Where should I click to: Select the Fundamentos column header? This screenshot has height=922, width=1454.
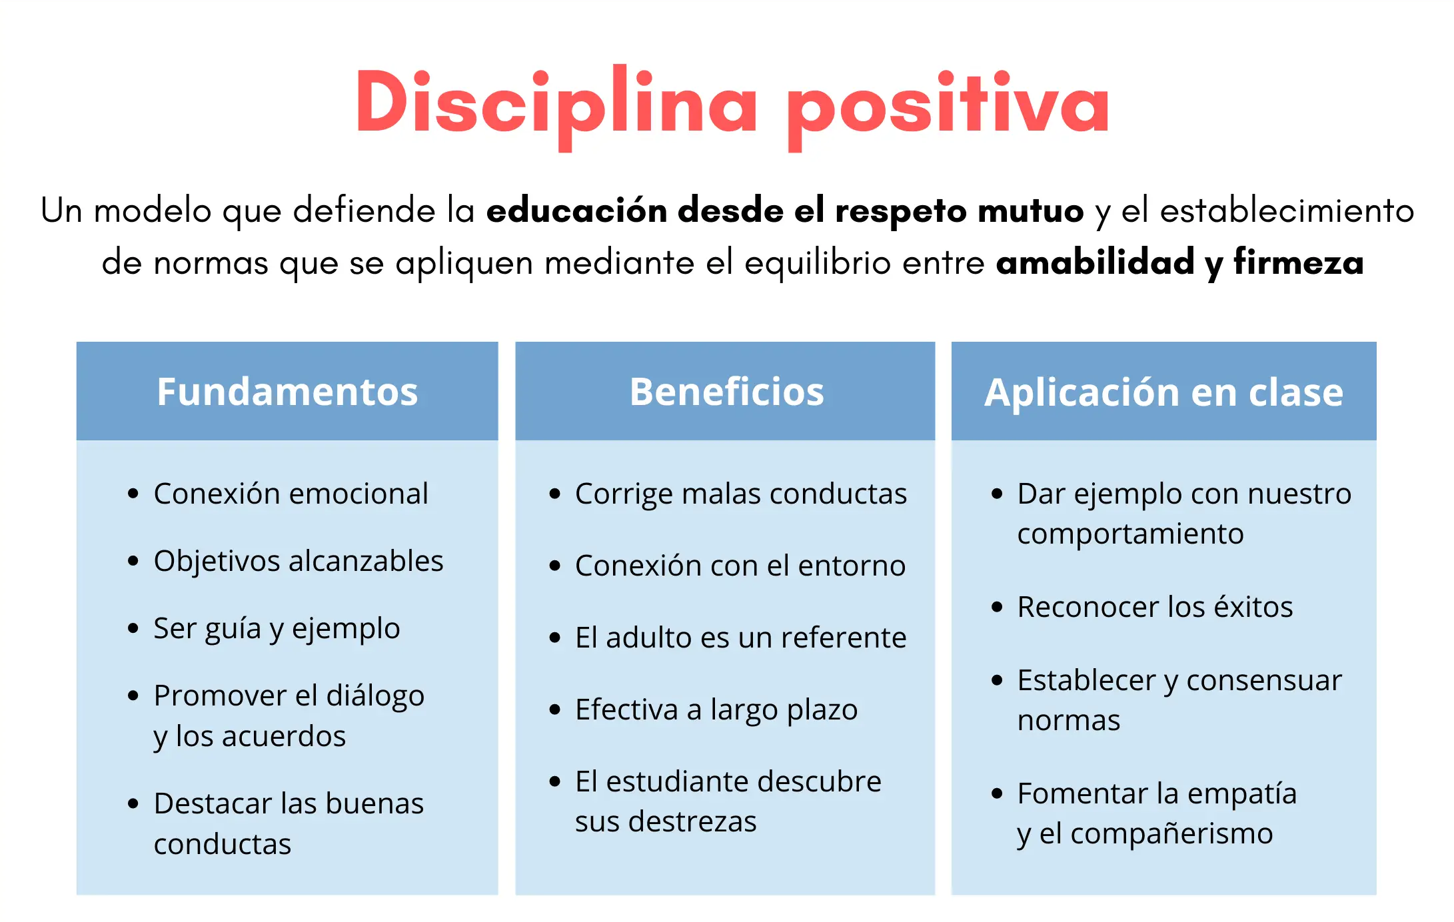287,391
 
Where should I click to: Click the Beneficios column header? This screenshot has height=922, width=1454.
726,391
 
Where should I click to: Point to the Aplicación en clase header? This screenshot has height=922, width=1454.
1163,392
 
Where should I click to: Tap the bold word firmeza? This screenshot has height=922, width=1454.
1299,261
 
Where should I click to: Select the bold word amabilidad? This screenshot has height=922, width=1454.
1095,261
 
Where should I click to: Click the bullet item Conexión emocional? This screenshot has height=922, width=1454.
291,494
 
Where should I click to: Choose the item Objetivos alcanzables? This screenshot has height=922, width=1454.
299,562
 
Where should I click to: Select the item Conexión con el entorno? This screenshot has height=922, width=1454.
740,566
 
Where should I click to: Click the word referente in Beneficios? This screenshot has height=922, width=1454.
844,638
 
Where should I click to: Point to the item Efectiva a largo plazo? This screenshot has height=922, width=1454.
716,710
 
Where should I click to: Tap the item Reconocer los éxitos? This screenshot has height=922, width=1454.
1155,607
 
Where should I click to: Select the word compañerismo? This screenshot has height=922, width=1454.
1171,834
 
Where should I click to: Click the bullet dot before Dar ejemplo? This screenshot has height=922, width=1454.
997,494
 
